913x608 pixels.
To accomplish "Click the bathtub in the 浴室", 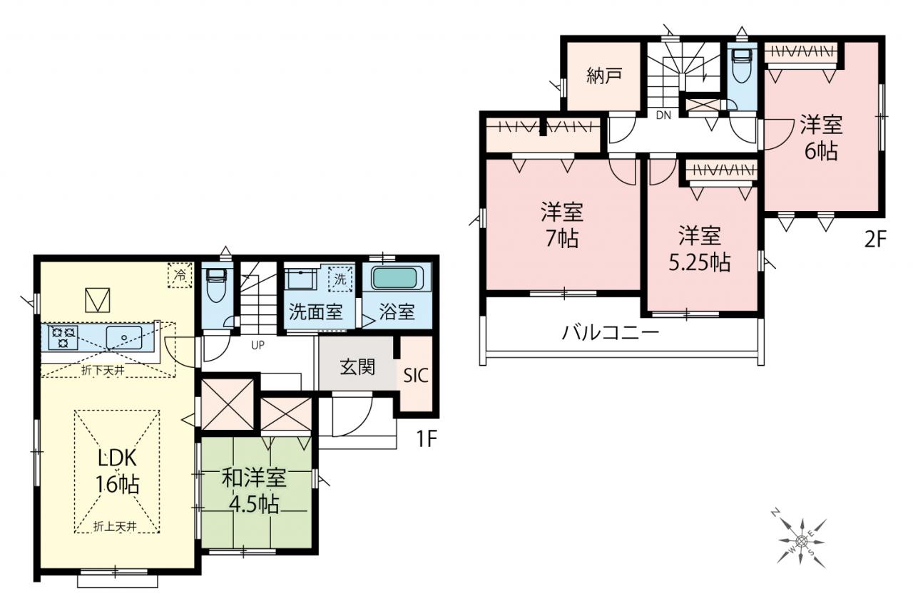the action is coord(396,278).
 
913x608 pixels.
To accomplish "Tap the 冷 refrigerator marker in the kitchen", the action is coord(180,275).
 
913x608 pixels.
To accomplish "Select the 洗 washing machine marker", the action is coord(340,279).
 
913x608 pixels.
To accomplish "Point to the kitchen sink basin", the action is coord(124,337).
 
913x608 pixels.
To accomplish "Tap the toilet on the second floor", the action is coord(743,65).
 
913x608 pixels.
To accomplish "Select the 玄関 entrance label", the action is coord(357,367).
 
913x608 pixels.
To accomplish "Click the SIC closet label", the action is coord(416,375).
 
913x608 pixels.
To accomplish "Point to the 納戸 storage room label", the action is coord(604,76).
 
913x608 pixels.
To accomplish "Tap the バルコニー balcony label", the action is coord(610,333).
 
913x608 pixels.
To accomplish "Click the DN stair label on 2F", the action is coord(663,115).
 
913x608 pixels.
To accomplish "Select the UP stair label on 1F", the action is coord(257,345).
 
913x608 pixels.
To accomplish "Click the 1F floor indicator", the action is coord(427,438).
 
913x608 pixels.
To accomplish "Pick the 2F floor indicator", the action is coord(875,239).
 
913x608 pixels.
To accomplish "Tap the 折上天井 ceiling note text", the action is coord(115,527).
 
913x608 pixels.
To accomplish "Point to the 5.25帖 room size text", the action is coord(700,263).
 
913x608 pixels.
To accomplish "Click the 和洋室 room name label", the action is coord(254,478).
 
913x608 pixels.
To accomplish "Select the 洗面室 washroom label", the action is coord(315,312).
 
